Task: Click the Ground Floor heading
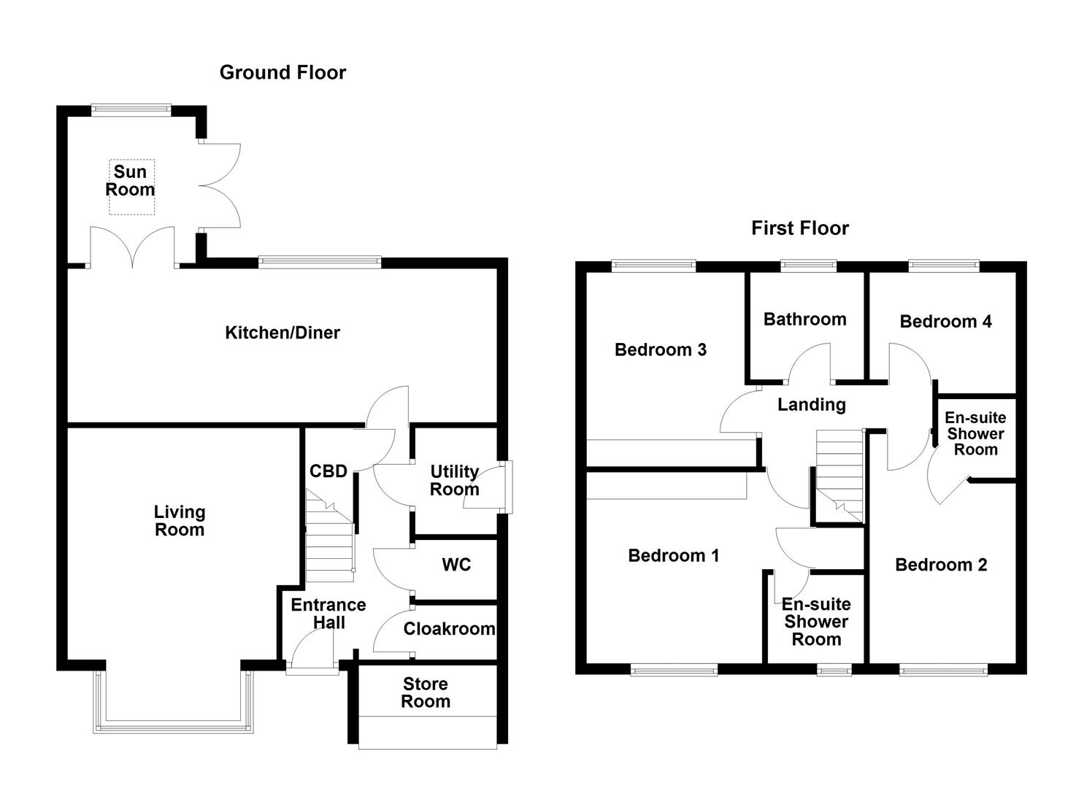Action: click(282, 72)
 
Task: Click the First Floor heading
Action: click(800, 228)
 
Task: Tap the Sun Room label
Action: click(131, 181)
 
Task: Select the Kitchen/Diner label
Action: click(282, 333)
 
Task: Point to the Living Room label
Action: click(180, 521)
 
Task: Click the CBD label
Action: click(328, 471)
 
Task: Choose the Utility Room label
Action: click(454, 480)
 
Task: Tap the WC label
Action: click(456, 565)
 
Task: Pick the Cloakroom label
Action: click(449, 629)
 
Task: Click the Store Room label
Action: click(426, 693)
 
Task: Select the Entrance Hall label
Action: click(328, 614)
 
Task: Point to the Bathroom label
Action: click(805, 319)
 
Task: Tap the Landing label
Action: click(812, 404)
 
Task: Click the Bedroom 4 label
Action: click(945, 322)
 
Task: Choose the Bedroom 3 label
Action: click(661, 349)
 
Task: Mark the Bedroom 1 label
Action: click(674, 555)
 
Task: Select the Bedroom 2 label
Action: click(941, 565)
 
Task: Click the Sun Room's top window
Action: click(131, 110)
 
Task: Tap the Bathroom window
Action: click(808, 266)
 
